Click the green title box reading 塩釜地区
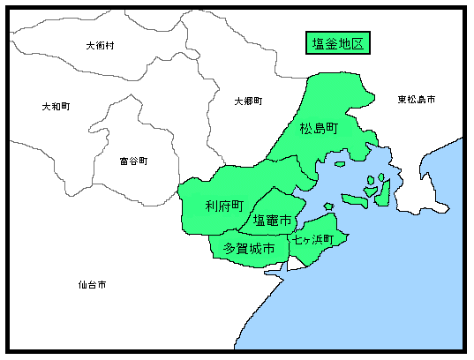tap(338, 44)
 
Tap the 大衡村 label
tap(100, 45)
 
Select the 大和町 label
tap(56, 106)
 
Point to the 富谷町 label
tap(133, 161)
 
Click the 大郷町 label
tap(248, 101)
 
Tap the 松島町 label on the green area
tap(319, 130)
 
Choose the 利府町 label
tap(224, 206)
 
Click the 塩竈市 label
tap(272, 220)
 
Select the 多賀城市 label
tap(248, 249)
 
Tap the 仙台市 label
tap(92, 285)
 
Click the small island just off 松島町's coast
tap(340, 163)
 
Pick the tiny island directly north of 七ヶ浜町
tap(328, 206)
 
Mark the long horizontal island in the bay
tap(355, 199)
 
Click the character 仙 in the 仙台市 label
tap(81, 285)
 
